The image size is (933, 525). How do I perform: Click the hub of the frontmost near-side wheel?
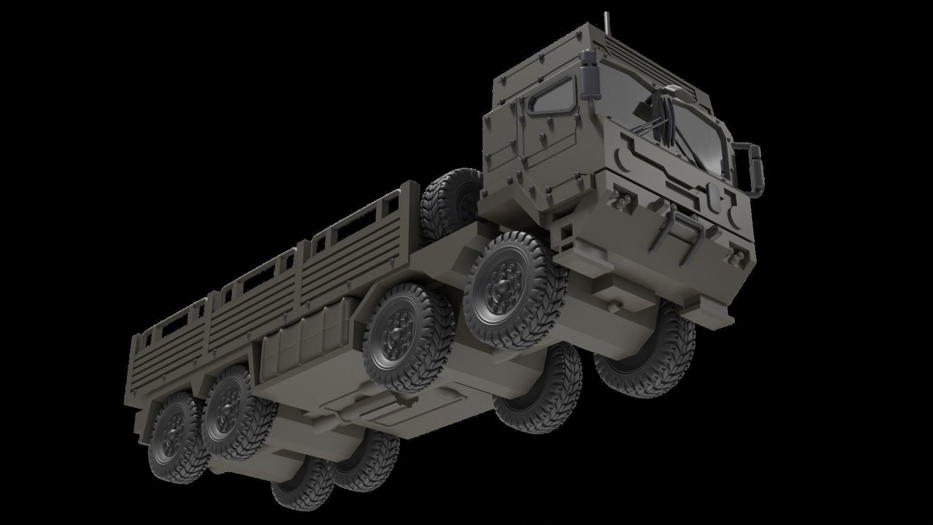[501, 292]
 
